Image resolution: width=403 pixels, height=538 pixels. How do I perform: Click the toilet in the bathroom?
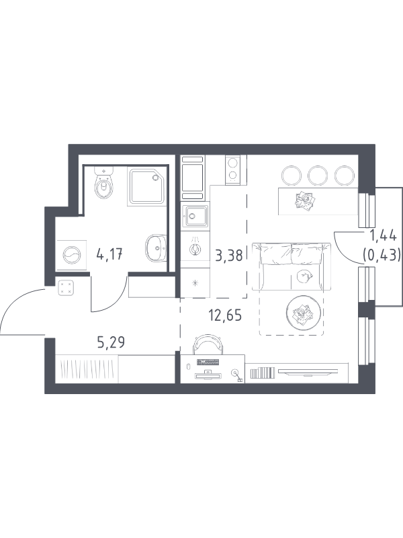click(x=105, y=184)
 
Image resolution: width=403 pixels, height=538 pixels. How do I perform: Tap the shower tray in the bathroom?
click(x=147, y=186)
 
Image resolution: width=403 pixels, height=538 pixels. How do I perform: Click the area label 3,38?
click(x=228, y=256)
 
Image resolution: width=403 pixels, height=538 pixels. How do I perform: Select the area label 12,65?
click(x=225, y=315)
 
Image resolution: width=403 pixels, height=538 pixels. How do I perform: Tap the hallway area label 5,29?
click(x=111, y=342)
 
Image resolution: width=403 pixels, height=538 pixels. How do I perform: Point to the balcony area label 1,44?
click(x=382, y=236)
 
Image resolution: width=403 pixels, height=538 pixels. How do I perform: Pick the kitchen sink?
click(x=195, y=216)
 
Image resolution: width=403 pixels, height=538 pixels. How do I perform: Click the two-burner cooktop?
click(x=236, y=169)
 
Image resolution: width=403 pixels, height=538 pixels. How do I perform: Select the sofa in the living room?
click(x=292, y=266)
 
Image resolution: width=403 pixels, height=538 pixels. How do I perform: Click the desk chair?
click(x=208, y=344)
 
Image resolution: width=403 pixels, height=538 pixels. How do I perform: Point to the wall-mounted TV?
click(x=308, y=371)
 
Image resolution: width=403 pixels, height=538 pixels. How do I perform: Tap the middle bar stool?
click(x=318, y=176)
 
